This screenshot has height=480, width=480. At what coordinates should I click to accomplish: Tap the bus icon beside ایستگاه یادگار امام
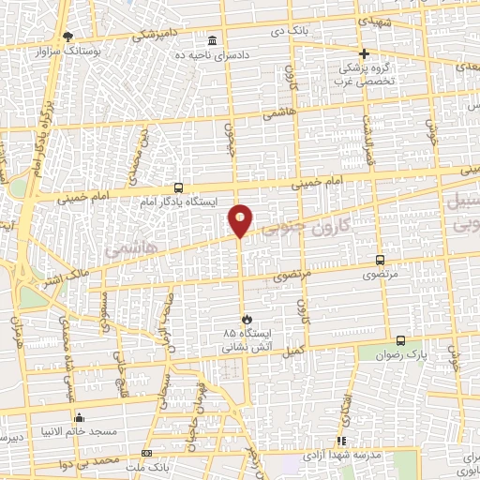coord(179,187)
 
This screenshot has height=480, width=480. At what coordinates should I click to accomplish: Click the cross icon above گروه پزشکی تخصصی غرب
coord(365,53)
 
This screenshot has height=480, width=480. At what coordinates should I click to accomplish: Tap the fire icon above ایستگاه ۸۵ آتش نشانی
coord(247,320)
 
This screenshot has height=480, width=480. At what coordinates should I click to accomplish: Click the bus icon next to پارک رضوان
coord(401,341)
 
